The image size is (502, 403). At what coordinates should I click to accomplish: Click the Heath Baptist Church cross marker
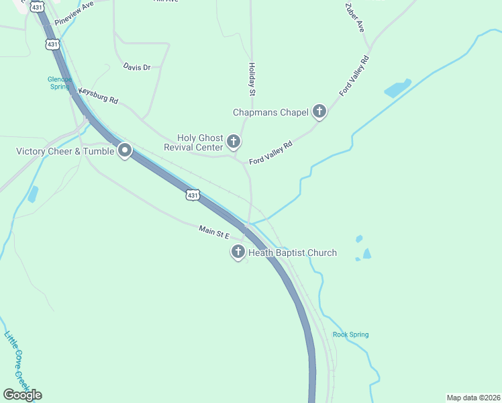[x=238, y=253]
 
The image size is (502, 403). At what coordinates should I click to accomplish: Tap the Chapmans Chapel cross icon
[x=319, y=112]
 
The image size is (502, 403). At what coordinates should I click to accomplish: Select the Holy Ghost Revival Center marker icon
[x=234, y=141]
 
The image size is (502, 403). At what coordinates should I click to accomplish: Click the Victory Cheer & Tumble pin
[x=124, y=151]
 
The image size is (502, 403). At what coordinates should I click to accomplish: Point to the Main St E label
[x=214, y=232]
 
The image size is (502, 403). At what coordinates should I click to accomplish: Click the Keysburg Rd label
[x=98, y=95]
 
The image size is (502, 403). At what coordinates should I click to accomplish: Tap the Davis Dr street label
[x=137, y=67]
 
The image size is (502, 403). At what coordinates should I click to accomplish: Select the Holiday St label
[x=252, y=79]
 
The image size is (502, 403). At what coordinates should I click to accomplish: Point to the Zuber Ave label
[x=354, y=17]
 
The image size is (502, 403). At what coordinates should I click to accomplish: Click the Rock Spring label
[x=350, y=334]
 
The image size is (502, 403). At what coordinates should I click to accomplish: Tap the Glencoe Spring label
[x=59, y=83]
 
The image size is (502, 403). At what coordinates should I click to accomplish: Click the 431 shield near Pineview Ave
[x=52, y=44]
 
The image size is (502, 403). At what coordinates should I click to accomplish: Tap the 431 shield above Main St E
[x=193, y=195]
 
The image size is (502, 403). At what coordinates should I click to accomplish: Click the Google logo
[x=22, y=395]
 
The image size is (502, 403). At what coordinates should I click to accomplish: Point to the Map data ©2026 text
[x=473, y=397]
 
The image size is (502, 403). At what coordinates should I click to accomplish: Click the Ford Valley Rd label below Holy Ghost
[x=271, y=153]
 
